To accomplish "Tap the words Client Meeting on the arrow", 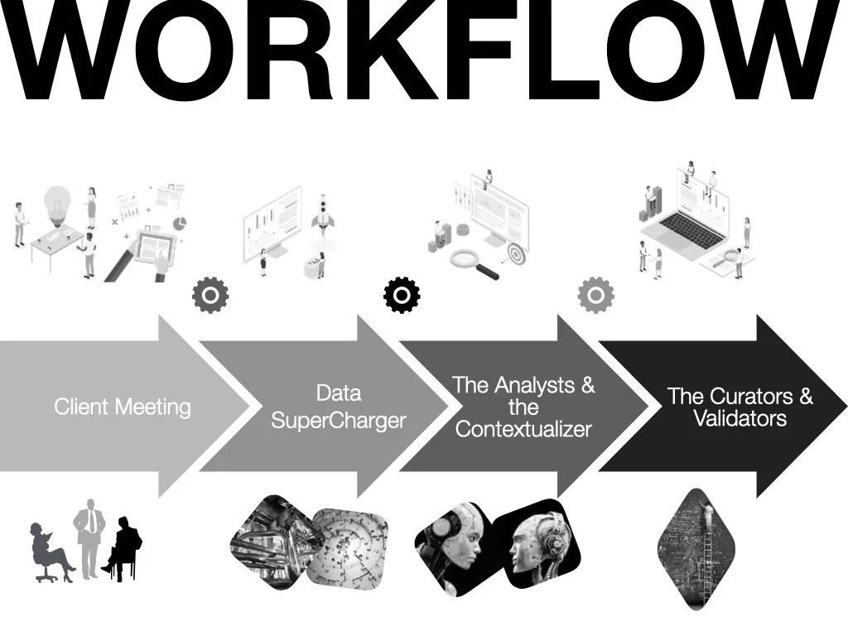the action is click(123, 407).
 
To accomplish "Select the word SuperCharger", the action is click(339, 420).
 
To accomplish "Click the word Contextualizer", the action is click(523, 429).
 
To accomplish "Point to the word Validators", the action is click(740, 418).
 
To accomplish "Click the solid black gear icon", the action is click(402, 295).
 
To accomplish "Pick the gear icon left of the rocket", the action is click(210, 295).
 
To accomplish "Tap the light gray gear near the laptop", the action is click(595, 295).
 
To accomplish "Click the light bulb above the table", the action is click(56, 203).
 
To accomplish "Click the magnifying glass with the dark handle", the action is click(475, 263).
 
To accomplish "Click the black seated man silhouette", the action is click(125, 547).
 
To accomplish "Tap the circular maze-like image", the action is click(348, 547).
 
